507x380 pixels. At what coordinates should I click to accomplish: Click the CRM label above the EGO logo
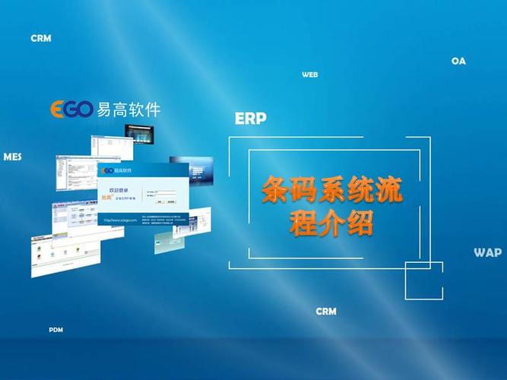[41, 38]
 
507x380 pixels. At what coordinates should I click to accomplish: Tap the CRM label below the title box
[326, 312]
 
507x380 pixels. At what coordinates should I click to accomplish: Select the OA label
[458, 61]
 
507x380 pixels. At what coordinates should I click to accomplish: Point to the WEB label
[309, 75]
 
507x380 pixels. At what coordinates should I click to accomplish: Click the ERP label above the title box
[250, 119]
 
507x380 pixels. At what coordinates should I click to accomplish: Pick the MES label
[12, 157]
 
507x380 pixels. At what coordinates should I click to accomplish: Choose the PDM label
[55, 331]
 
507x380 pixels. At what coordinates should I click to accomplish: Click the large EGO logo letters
[71, 109]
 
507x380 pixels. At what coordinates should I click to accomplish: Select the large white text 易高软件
[129, 109]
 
